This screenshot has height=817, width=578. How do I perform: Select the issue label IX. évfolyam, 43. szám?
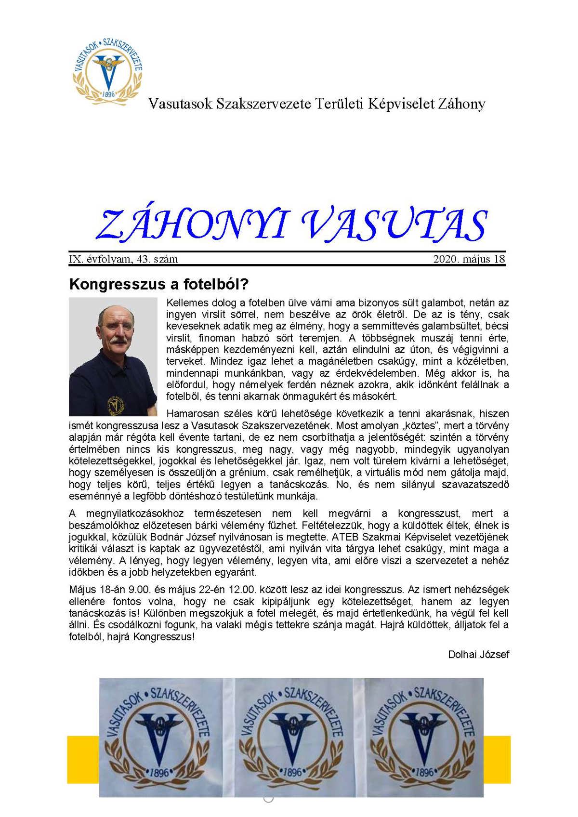[x=124, y=259]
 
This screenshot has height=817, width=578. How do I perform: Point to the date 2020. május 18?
[x=469, y=259]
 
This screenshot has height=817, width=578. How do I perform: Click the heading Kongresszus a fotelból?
[x=158, y=284]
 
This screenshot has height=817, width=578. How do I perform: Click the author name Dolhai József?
[x=478, y=654]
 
